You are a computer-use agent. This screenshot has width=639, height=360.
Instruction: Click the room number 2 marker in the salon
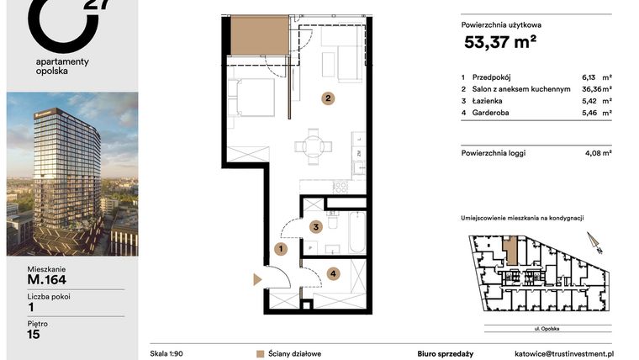(x=327, y=98)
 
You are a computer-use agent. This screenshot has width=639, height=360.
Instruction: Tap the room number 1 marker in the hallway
(x=281, y=248)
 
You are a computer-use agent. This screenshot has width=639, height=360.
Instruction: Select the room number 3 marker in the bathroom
(x=314, y=226)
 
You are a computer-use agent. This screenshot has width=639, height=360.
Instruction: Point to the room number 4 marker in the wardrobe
(x=333, y=273)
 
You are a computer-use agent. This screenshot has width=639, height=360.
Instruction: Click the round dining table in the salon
(x=313, y=146)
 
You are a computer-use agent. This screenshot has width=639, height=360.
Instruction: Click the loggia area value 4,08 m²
(x=597, y=153)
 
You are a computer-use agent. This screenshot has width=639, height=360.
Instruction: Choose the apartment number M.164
(x=47, y=280)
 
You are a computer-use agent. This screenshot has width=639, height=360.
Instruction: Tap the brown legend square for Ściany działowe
(x=261, y=354)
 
